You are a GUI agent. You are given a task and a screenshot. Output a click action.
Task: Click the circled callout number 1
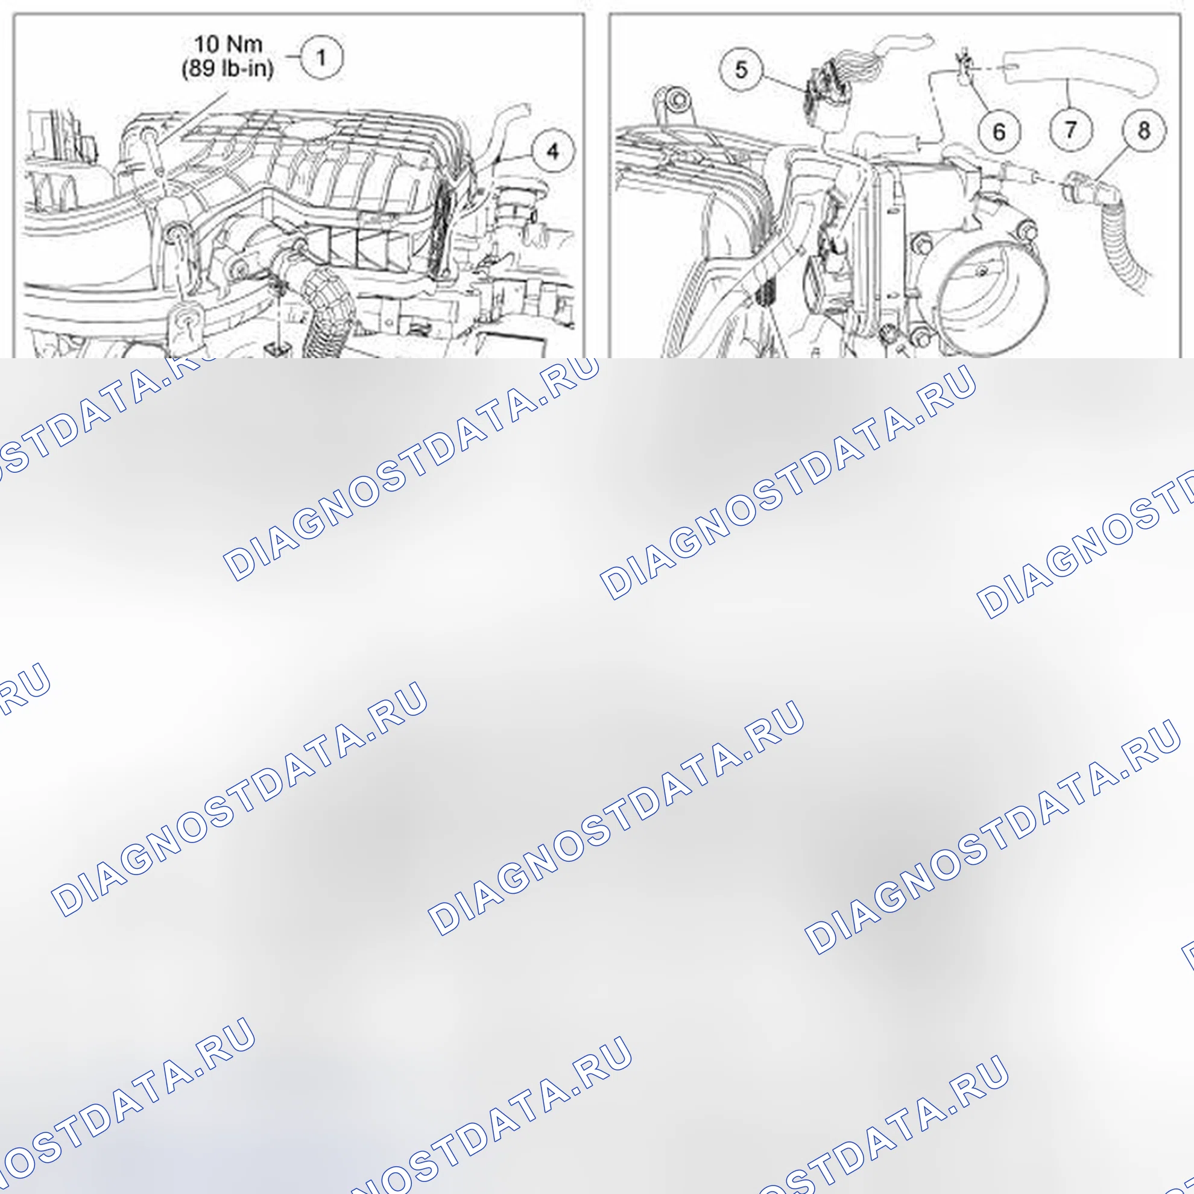coord(321,57)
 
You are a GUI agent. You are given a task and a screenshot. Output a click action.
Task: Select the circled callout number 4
coord(552,151)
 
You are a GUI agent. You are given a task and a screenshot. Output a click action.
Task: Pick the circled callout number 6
coord(999,131)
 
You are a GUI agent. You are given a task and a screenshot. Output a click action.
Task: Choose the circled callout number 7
coord(1071,130)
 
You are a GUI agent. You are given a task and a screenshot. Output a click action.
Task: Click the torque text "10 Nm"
coord(228,45)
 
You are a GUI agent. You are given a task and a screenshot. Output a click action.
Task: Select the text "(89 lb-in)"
coord(227,68)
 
